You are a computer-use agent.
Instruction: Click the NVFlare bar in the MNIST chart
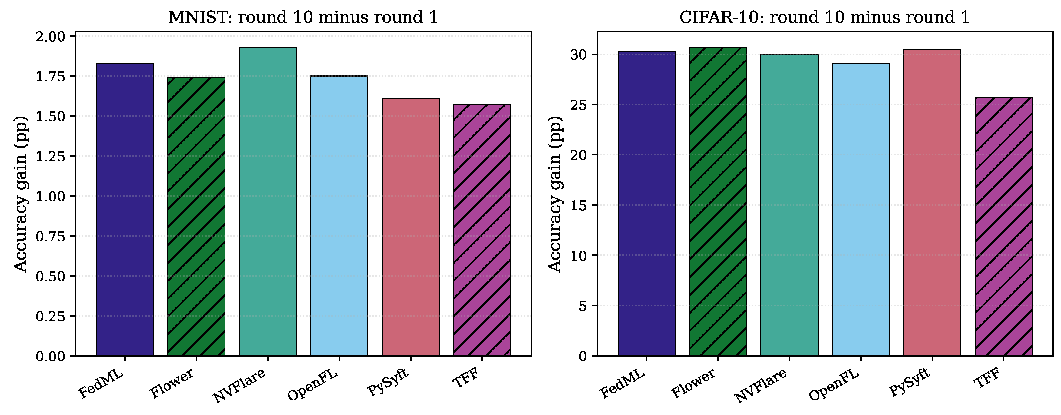coord(268,201)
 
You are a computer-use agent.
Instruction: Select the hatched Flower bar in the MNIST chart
coord(196,217)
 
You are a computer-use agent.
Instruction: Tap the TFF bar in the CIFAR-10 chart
coord(1003,227)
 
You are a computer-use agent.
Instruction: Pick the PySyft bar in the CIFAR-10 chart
coord(932,203)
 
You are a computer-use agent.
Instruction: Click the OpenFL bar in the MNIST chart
coord(339,216)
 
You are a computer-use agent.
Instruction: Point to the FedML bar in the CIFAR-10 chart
coord(647,203)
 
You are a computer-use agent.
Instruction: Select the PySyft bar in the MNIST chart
coord(411,227)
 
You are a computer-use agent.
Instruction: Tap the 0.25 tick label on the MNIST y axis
coord(51,316)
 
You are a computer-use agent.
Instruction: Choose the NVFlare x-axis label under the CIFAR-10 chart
coord(760,386)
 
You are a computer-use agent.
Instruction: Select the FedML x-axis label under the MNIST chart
coord(101,384)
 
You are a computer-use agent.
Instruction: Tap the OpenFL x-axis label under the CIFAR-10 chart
coord(834,385)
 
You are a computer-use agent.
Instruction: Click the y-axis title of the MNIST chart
coord(21,194)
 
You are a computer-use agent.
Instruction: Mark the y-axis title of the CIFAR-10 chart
coord(555,194)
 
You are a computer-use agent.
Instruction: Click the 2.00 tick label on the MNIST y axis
coord(51,37)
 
